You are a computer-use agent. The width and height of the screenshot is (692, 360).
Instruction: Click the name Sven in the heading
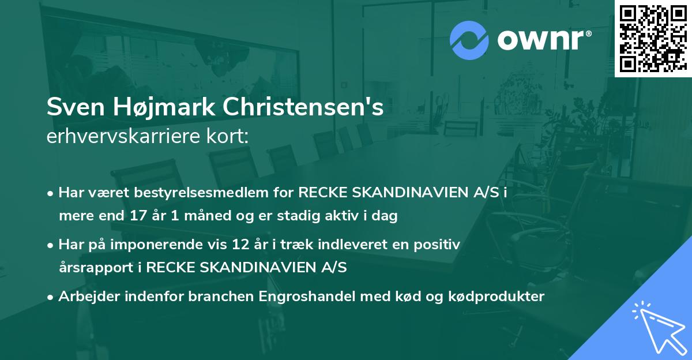(71, 108)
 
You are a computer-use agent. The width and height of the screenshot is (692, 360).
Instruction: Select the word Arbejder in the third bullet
(85, 297)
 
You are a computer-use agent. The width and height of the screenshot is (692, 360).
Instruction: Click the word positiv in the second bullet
(440, 245)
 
